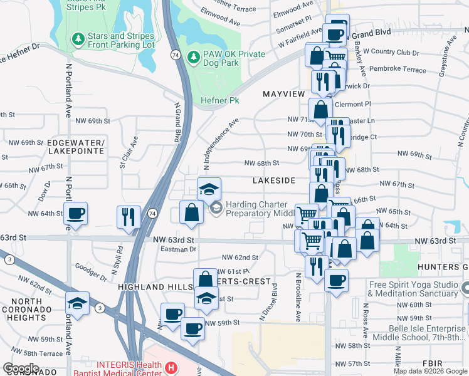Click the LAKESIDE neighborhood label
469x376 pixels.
click(273, 180)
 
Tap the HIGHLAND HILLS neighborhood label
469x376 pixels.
click(154, 286)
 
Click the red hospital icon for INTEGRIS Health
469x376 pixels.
click(170, 367)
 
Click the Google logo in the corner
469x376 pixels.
click(21, 368)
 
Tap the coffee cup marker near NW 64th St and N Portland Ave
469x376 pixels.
click(75, 214)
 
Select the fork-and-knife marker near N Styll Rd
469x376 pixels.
click(129, 217)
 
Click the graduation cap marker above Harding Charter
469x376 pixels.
click(209, 188)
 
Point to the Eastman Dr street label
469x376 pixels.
click(179, 249)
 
